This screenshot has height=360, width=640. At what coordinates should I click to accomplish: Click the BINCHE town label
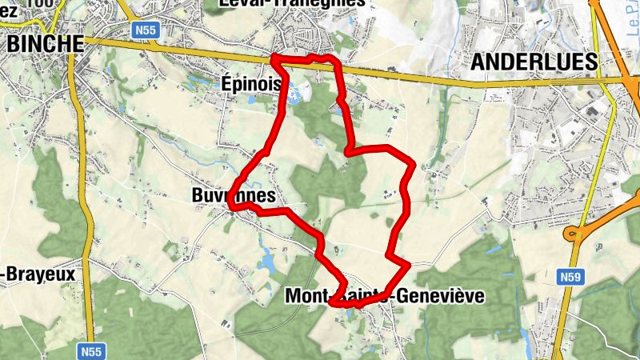click(x=45, y=44)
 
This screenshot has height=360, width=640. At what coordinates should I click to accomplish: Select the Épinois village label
click(x=251, y=83)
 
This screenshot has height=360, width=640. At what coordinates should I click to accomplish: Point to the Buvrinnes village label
click(x=234, y=195)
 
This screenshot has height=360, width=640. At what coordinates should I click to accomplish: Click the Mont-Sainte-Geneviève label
click(x=385, y=296)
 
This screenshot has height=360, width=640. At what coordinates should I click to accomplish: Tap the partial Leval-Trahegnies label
click(x=292, y=3)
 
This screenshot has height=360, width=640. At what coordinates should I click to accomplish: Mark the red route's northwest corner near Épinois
click(x=274, y=58)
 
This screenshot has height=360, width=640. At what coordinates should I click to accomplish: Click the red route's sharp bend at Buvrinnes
click(x=232, y=206)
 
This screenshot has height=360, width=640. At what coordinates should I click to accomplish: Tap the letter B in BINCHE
click(x=13, y=44)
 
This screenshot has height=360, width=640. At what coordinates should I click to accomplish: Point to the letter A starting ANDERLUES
click(x=478, y=62)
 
